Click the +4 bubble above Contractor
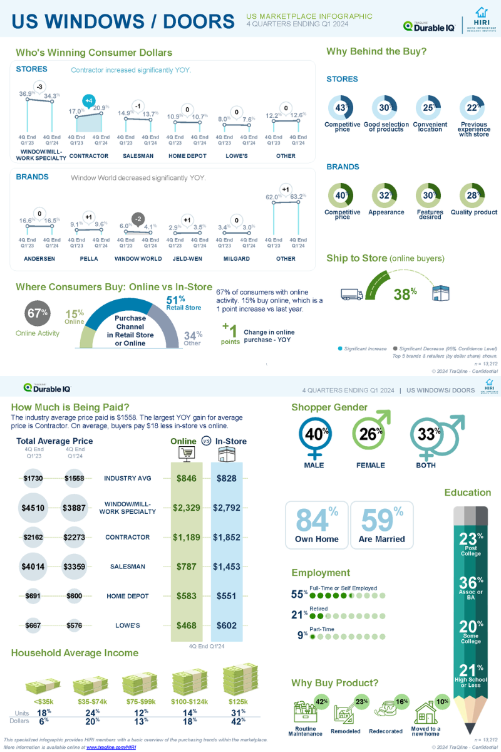pos(89,101)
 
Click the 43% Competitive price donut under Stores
pos(341,107)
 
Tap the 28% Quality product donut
pos(473,196)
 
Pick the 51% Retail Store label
pos(183,303)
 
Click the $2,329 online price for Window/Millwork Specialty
pos(187,508)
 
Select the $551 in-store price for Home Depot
pos(227,596)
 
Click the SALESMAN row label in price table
pos(127,567)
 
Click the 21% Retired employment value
pos(298,615)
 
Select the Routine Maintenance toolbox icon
pos(306,713)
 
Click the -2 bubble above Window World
pos(138,219)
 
